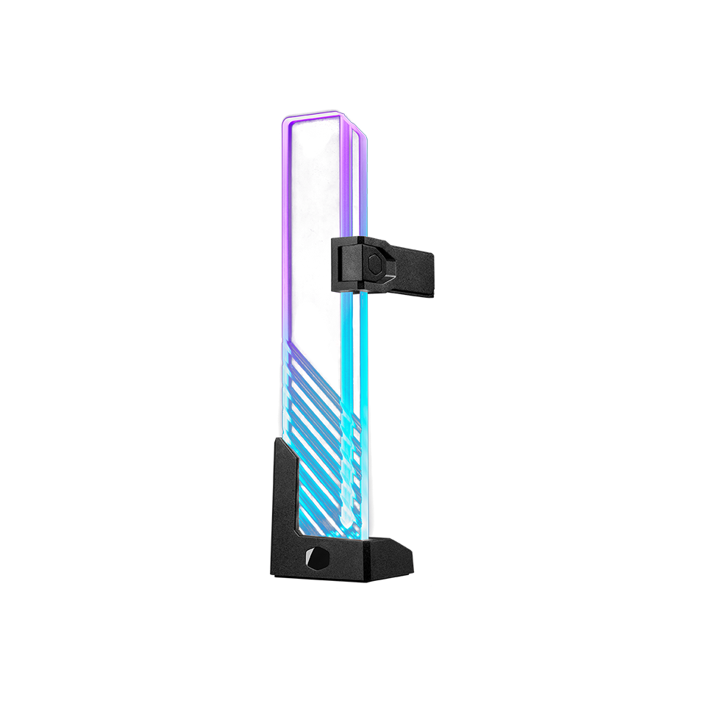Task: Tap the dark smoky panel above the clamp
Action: pyautogui.click(x=313, y=191)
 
